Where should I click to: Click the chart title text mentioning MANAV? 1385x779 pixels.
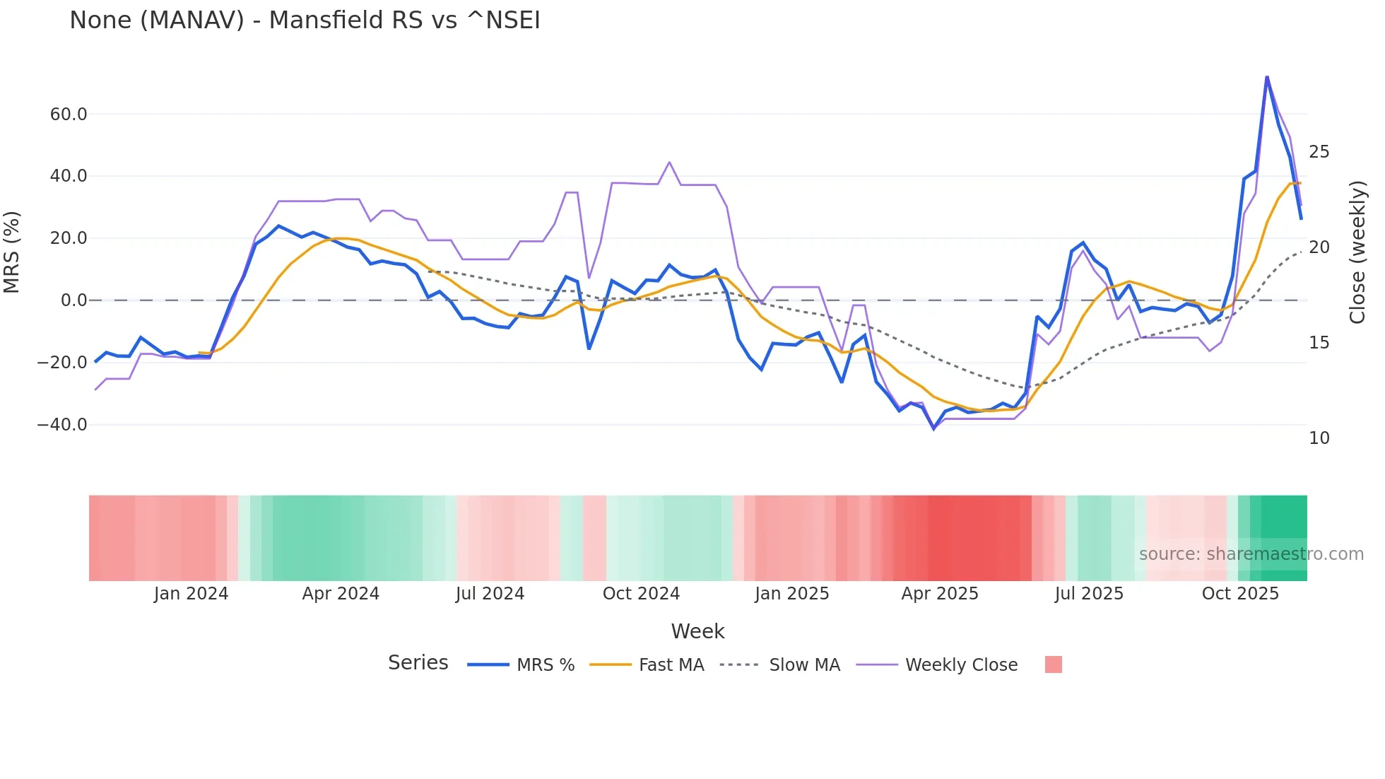tap(305, 20)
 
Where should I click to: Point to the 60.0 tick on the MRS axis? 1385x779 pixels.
tap(68, 114)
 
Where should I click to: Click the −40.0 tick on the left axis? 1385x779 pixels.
tap(62, 425)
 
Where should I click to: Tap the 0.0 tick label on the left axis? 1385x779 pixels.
tap(73, 300)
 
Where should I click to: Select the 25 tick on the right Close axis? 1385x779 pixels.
tap(1319, 152)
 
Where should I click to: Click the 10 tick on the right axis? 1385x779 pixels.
tap(1319, 438)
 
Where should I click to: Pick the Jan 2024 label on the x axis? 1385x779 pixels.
tap(191, 594)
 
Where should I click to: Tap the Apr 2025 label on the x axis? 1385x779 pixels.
tap(939, 594)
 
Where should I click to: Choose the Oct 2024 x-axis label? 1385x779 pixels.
tap(641, 594)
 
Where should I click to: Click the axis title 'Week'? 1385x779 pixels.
tap(697, 631)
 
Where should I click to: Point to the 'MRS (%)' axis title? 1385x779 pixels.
tap(12, 252)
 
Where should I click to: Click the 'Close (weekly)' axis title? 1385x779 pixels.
tap(1357, 252)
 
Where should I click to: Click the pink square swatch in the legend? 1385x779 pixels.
tap(1053, 664)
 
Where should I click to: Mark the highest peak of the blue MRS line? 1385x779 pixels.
tap(1267, 76)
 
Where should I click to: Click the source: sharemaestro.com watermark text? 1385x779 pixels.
tap(1251, 554)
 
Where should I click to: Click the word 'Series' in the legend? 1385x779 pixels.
tap(418, 663)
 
